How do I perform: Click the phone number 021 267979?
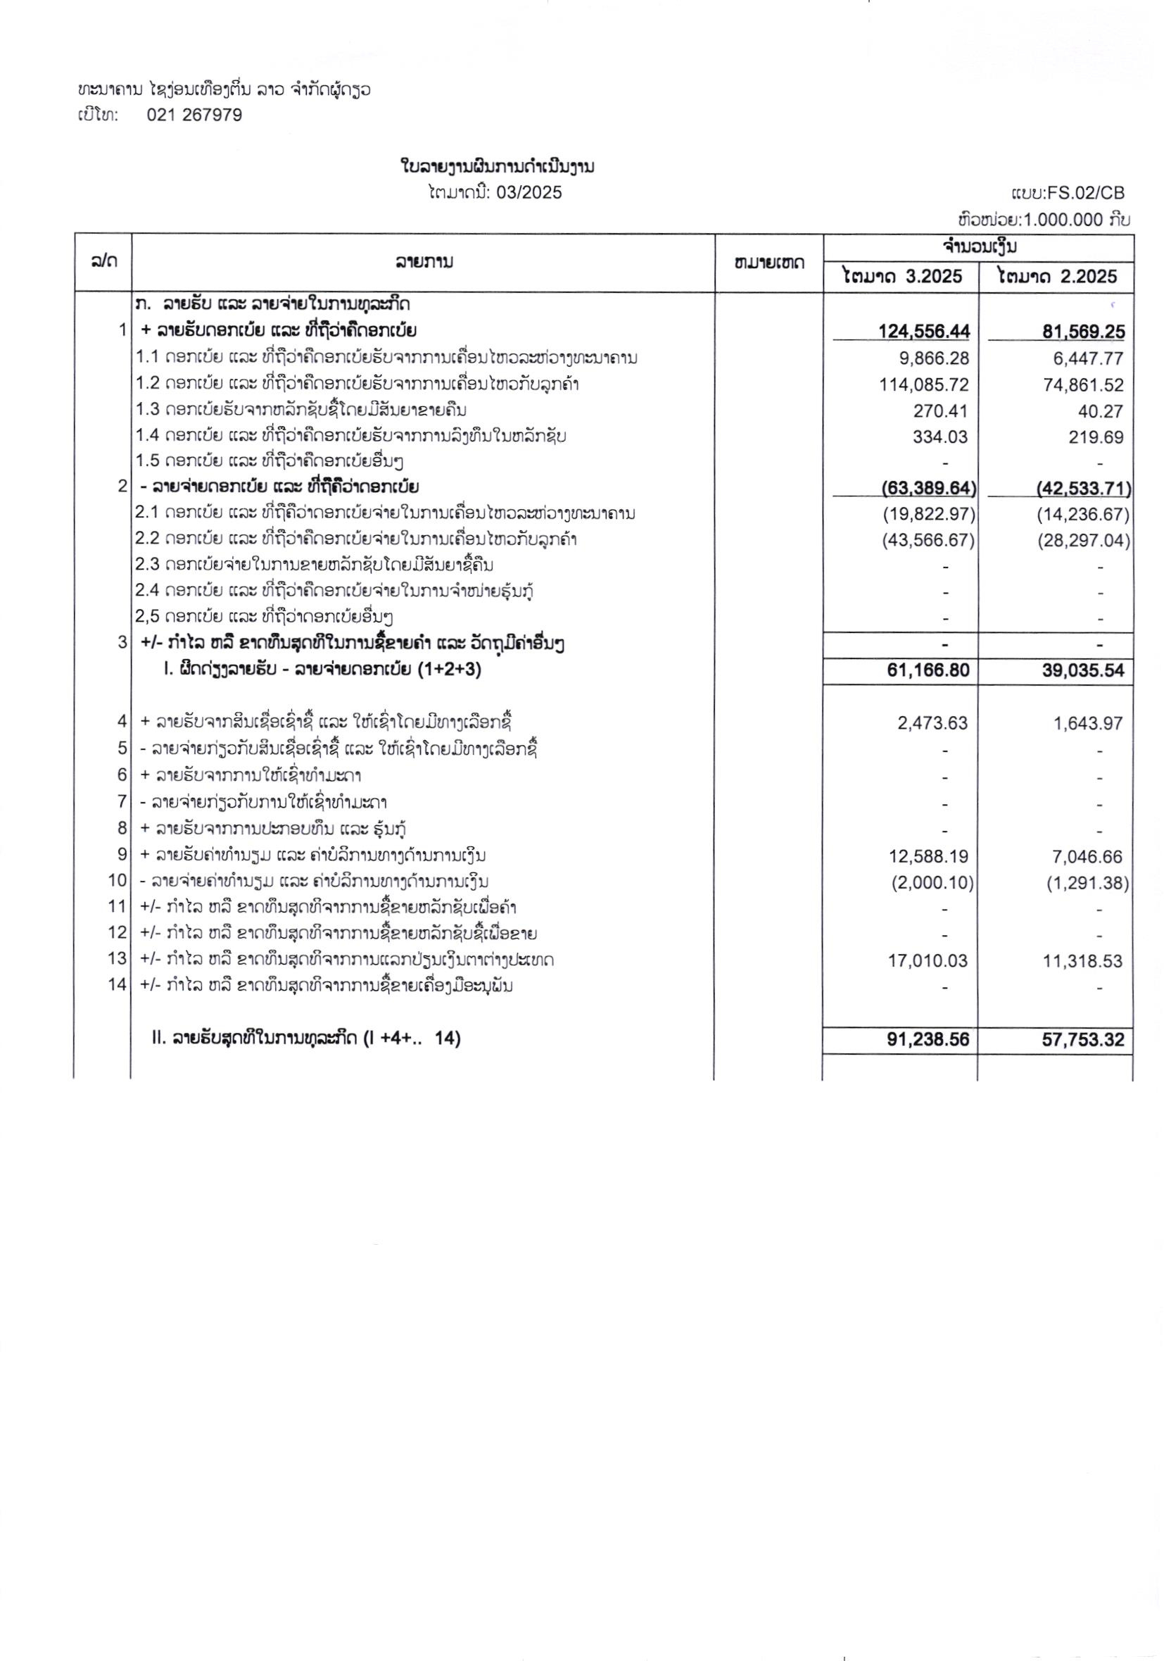[x=194, y=115]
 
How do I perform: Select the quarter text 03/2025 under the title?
[x=529, y=192]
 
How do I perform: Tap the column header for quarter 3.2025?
[x=902, y=276]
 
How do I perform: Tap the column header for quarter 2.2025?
[x=1056, y=276]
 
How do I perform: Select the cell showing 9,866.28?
[x=932, y=358]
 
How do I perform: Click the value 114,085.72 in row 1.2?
[x=924, y=385]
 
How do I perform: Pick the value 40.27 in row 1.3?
[x=1103, y=412]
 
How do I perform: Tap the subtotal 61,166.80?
[x=928, y=670]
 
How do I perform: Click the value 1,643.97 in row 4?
[x=1087, y=722]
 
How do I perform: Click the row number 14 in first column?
[x=118, y=984]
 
